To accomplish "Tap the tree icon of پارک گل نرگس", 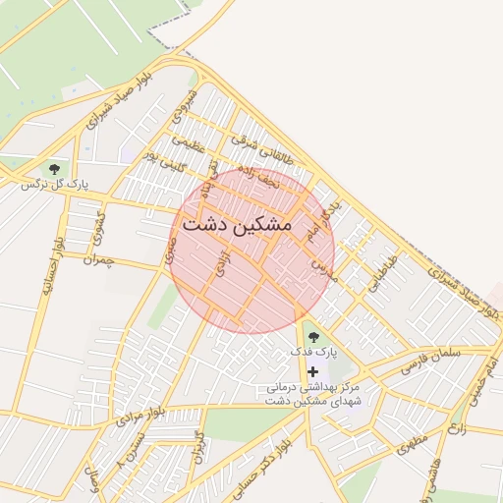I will point(54,169).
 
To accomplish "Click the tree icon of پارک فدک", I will point(313,337).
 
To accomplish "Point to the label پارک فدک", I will point(313,351).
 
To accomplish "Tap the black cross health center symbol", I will point(313,371).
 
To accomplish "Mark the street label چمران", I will point(99,261).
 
